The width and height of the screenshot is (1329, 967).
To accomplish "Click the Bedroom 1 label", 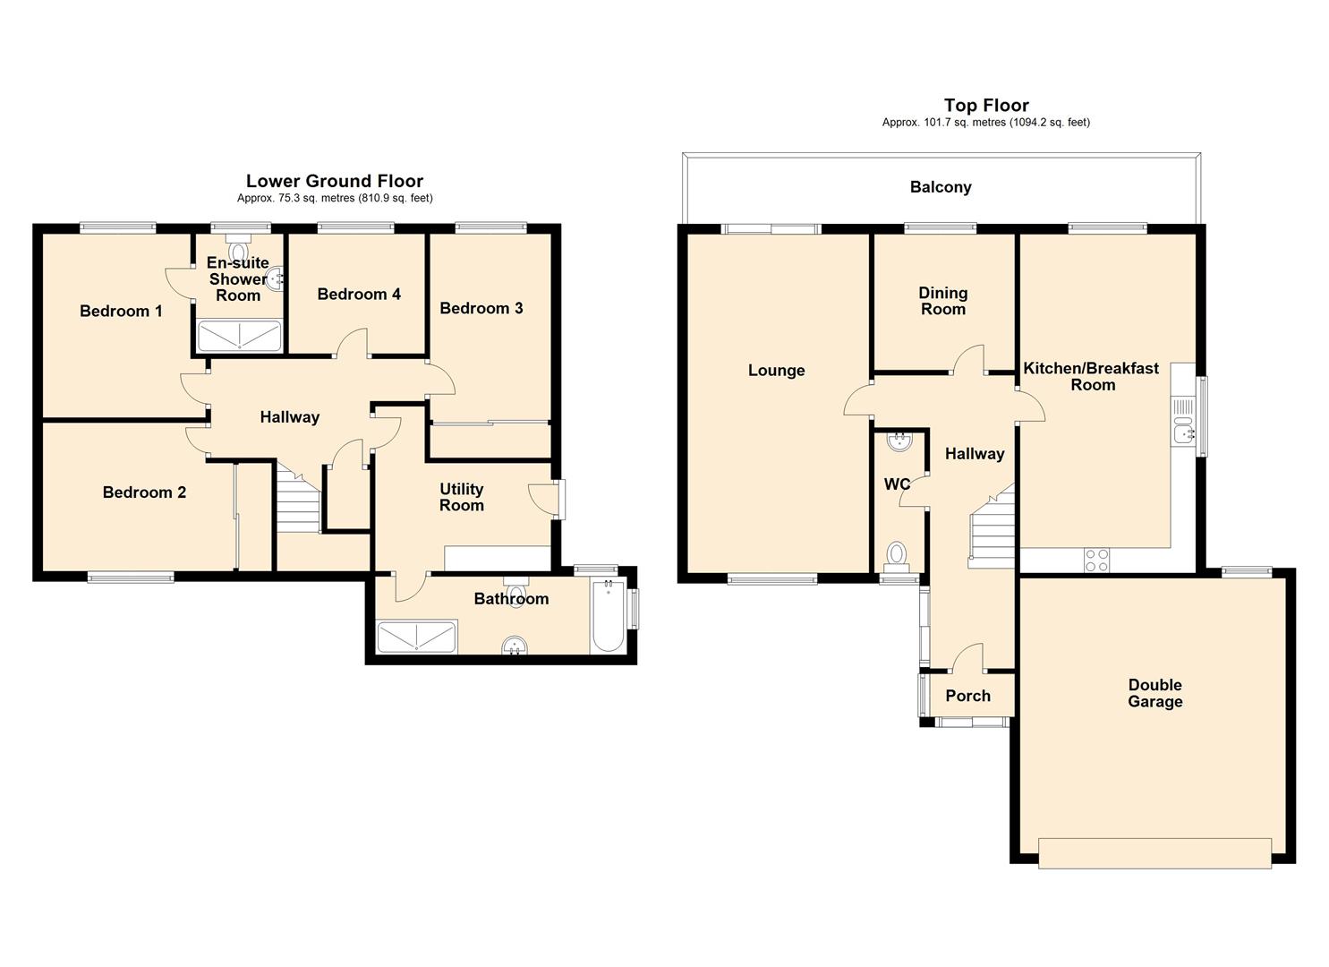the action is (x=121, y=311).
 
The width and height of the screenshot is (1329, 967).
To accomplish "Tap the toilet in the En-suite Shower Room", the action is (x=239, y=247).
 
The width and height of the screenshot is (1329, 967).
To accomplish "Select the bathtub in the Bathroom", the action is (x=608, y=617).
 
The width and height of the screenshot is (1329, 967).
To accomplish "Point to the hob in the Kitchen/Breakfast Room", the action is (x=1096, y=560).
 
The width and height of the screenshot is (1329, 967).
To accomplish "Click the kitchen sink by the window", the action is (x=1182, y=422).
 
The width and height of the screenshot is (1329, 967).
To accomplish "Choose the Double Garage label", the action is (x=1154, y=693).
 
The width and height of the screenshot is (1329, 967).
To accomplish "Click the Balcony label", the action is (x=941, y=187).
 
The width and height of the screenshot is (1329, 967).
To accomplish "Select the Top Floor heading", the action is (x=986, y=105).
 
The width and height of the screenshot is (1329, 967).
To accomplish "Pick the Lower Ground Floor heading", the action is (x=335, y=181).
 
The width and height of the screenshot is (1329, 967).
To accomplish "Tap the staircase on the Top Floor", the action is (x=992, y=526).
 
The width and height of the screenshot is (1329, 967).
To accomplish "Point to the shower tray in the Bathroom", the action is (x=417, y=637).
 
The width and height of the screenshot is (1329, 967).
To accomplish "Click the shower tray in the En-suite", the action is (x=239, y=336).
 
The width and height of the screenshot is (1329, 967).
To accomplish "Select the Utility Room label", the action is (x=462, y=498).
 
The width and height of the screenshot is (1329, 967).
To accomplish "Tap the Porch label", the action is (x=967, y=696).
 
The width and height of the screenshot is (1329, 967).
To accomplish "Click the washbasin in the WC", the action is (x=899, y=441).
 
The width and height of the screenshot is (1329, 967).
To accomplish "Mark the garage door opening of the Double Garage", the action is (x=1154, y=853).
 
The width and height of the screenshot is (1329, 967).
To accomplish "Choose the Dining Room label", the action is (x=942, y=301).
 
